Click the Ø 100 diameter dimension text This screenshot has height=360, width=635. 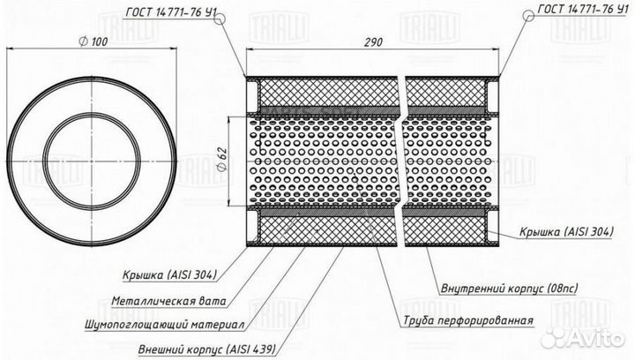coord(93,41)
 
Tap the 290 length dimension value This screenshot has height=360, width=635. coord(372,42)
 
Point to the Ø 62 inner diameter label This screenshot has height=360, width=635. coord(222,160)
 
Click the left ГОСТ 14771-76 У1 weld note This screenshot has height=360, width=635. coord(170,12)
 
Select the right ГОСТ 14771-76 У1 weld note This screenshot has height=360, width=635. coord(583,9)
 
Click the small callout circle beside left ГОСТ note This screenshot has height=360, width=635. coord(219,19)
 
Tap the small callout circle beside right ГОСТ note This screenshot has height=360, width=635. coord(528,15)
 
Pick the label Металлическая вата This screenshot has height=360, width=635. coord(168,301)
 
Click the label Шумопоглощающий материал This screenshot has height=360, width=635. coord(165,325)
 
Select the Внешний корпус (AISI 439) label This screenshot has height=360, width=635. coord(207,349)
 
